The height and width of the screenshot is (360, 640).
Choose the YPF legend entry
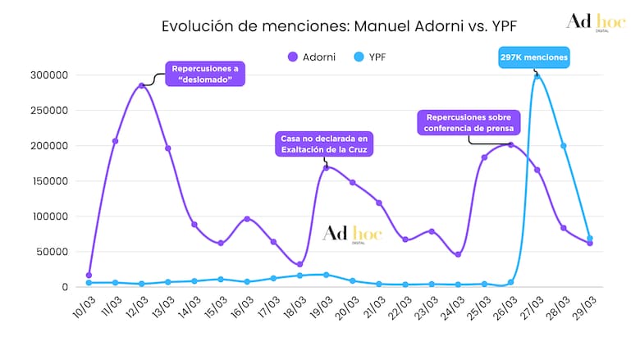pos(374,57)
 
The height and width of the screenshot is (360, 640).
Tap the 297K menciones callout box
pos(533,57)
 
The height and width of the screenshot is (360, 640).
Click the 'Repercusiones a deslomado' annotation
pos(206,74)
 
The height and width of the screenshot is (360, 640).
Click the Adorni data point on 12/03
pos(142,85)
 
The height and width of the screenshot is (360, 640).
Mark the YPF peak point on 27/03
pos(537,76)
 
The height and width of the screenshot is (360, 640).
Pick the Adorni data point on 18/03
pos(299,264)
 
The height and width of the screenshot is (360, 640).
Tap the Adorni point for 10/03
pos(89,275)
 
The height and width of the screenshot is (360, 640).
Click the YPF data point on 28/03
pos(564,146)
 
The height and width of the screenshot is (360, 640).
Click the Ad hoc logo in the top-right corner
pos(595,24)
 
